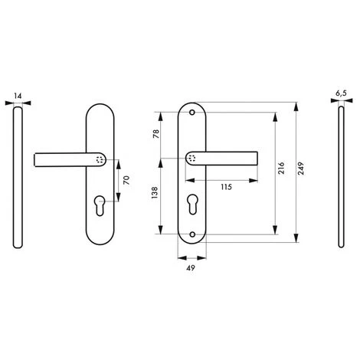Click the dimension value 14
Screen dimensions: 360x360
click(x=18, y=98)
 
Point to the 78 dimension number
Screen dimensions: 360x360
click(x=155, y=135)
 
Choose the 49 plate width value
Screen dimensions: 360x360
click(x=191, y=268)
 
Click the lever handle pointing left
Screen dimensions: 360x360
click(x=70, y=159)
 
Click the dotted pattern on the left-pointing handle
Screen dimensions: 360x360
click(x=100, y=159)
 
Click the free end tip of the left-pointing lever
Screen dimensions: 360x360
click(x=39, y=159)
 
